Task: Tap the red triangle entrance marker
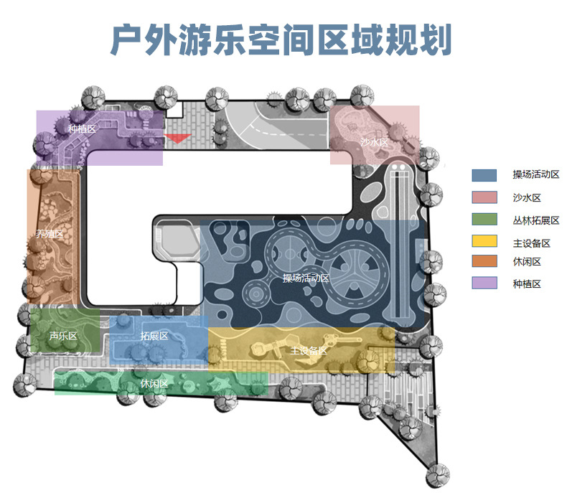pyautogui.click(x=177, y=138)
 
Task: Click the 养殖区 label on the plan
pyautogui.click(x=50, y=233)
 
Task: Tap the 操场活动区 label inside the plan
pyautogui.click(x=306, y=278)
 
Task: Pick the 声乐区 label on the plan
pyautogui.click(x=62, y=336)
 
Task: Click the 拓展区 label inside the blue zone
pyautogui.click(x=154, y=336)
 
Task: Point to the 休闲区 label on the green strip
pyautogui.click(x=154, y=384)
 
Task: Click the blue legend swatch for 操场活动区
pyautogui.click(x=484, y=174)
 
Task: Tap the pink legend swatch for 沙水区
pyautogui.click(x=484, y=197)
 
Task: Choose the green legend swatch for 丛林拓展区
pyautogui.click(x=484, y=219)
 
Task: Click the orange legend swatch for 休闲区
pyautogui.click(x=484, y=262)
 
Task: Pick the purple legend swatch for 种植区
pyautogui.click(x=484, y=283)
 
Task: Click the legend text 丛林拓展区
pyautogui.click(x=535, y=220)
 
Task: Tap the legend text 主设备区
pyautogui.click(x=531, y=243)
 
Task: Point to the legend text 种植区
pyautogui.click(x=527, y=284)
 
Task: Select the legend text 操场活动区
pyautogui.click(x=535, y=174)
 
